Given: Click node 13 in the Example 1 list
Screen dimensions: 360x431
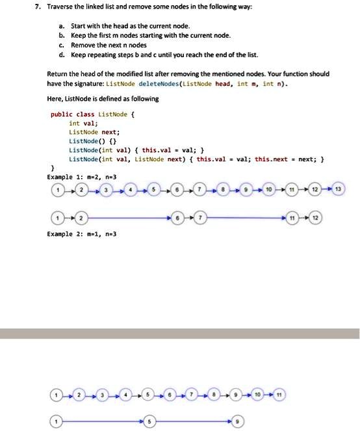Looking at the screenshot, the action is (339, 189).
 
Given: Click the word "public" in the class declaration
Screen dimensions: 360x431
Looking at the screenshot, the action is (62, 113).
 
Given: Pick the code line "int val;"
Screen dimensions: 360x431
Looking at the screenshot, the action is (84, 122).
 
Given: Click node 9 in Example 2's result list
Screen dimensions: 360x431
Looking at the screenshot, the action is (238, 421).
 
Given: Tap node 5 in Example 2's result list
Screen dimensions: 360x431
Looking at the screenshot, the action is (149, 421).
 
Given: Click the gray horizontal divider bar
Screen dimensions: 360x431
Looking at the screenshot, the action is (180, 333).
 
